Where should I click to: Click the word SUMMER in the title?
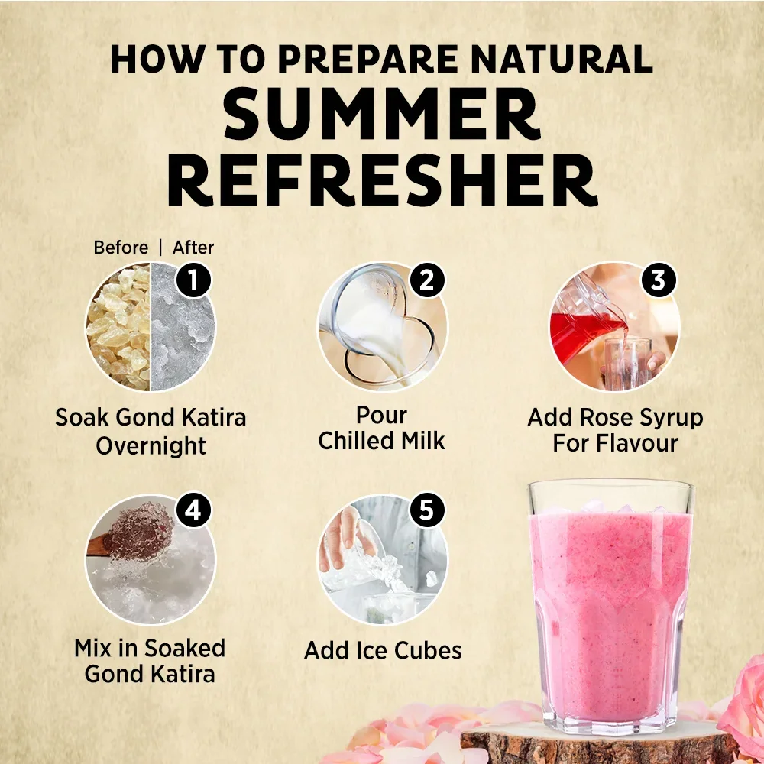383,113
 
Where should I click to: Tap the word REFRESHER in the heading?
383,180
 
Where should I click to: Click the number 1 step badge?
193,280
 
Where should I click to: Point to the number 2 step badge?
426,280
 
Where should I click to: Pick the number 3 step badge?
659,280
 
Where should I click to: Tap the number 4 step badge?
193,510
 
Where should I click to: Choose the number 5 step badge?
426,510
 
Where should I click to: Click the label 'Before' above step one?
121,248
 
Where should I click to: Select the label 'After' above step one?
193,248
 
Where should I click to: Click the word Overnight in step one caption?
151,446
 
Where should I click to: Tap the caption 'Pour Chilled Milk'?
381,429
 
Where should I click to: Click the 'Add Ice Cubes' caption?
383,650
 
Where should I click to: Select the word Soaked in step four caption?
184,649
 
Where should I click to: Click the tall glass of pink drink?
611,607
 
